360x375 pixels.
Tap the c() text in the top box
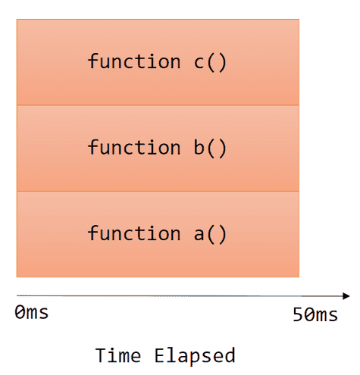tap(210, 61)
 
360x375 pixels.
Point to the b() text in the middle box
tap(210, 147)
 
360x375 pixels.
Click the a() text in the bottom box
tap(210, 233)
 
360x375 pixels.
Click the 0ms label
tap(32, 312)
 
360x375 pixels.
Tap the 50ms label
tap(315, 315)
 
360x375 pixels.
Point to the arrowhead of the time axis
tap(346, 295)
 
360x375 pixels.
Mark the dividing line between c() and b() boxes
tap(158, 105)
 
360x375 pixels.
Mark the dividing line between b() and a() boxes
tap(158, 191)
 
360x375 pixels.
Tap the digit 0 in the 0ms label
tap(20, 312)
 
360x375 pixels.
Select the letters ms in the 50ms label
tap(326, 315)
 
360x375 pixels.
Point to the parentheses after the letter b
tap(218, 147)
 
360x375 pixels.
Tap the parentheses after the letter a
tap(218, 233)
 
